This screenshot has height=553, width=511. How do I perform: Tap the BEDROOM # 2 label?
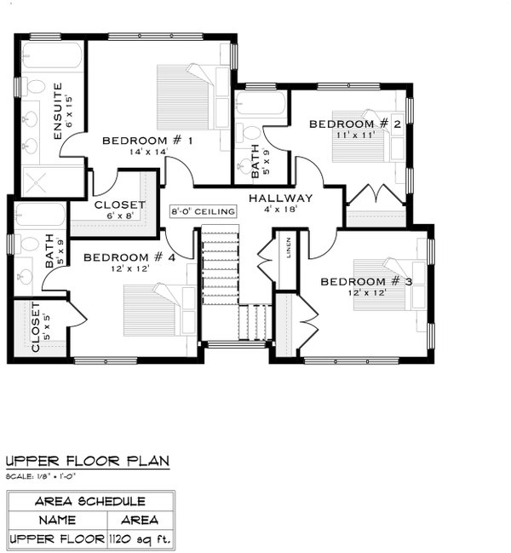click(354, 124)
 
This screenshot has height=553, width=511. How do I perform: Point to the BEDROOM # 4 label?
click(129, 256)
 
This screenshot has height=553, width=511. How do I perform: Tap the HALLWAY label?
click(281, 198)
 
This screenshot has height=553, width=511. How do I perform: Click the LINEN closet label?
click(290, 254)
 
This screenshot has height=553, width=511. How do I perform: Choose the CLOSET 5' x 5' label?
click(37, 329)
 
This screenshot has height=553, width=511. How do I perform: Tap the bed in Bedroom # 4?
click(156, 311)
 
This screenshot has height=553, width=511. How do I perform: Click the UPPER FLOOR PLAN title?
click(88, 461)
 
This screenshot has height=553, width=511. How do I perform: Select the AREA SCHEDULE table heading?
click(89, 502)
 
